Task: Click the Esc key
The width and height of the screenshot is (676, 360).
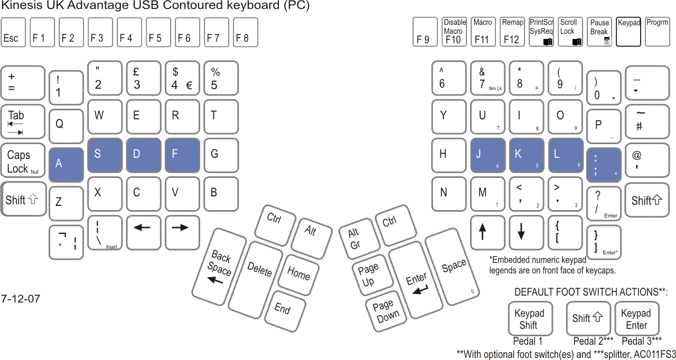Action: point(13,32)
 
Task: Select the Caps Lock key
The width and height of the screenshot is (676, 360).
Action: point(23,162)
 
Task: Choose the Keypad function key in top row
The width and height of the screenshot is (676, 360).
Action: point(628,32)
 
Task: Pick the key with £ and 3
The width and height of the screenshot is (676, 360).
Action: point(143,78)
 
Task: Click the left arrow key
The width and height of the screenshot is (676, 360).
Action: point(143,232)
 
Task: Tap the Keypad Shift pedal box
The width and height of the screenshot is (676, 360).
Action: point(529,318)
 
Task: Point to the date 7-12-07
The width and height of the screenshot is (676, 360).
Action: point(21,299)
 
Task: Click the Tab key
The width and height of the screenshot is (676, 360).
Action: point(23,122)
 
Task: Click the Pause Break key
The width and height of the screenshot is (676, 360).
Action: point(600,32)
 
